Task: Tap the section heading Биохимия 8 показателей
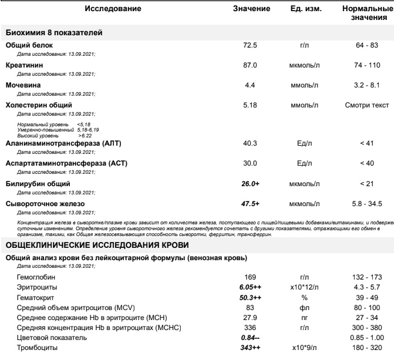point(54,32)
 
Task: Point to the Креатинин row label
point(24,64)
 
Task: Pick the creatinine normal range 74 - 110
point(368,64)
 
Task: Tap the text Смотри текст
point(368,105)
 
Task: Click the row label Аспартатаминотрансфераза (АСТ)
point(66,163)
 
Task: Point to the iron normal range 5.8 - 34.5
point(368,203)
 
